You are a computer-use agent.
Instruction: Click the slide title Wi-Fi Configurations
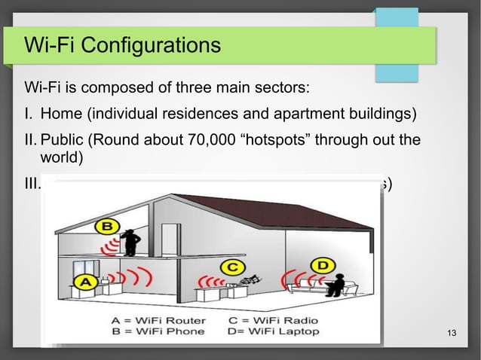123,46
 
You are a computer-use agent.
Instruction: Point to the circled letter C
234,267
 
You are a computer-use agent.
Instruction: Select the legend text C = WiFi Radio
272,320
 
